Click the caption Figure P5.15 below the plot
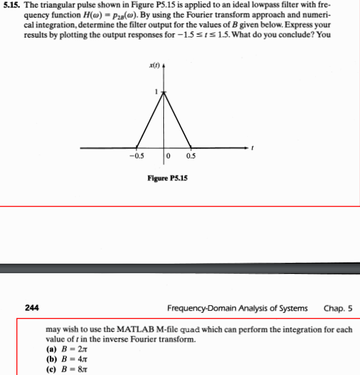tap(167, 178)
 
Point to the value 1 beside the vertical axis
tap(156, 93)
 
